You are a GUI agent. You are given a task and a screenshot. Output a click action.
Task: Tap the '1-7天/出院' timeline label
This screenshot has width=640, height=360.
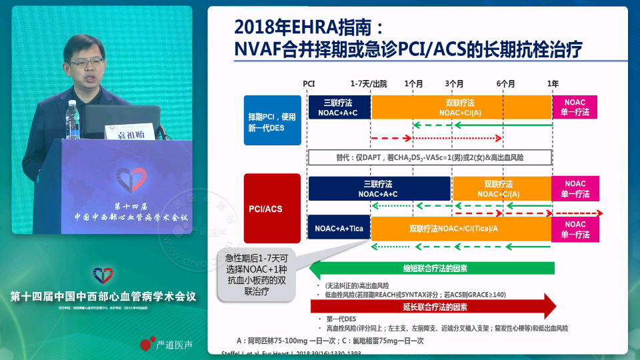[369, 83]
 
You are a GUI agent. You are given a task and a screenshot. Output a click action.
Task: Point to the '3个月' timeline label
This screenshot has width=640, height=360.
[455, 83]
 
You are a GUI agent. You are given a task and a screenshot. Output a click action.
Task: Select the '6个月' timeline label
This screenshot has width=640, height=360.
[505, 83]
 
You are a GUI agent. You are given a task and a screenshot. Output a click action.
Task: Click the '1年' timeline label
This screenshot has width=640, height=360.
[553, 83]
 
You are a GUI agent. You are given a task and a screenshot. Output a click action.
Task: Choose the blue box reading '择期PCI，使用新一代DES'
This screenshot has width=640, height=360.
[272, 121]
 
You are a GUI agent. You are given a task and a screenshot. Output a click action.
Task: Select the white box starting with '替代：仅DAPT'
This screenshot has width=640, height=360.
[430, 157]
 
